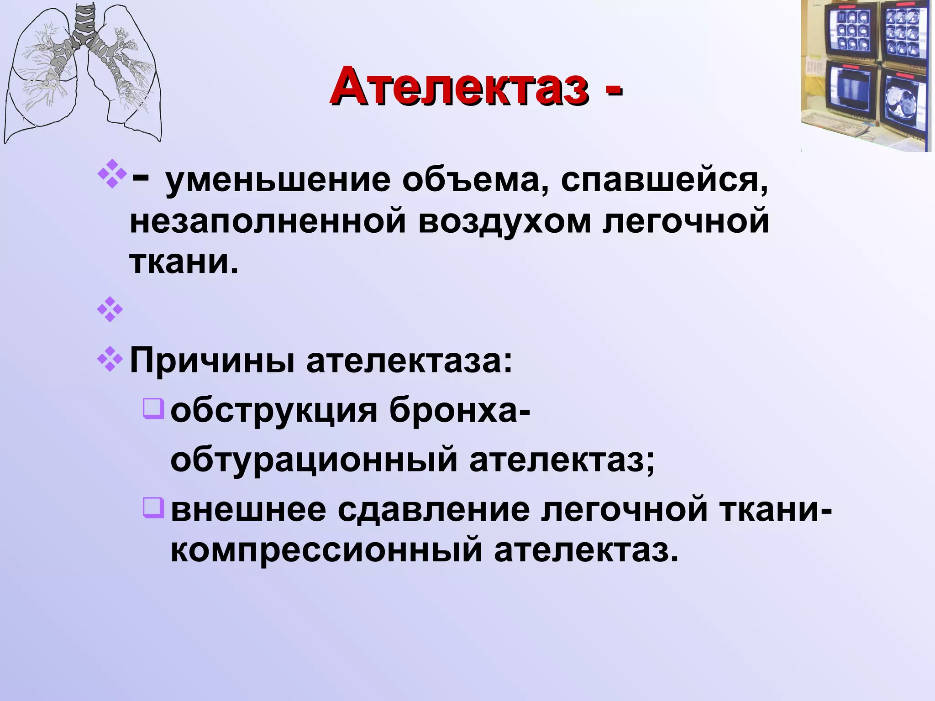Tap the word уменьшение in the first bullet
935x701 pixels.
(x=278, y=181)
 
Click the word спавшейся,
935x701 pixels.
(x=664, y=181)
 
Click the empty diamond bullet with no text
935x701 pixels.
(x=110, y=310)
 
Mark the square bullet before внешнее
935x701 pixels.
(x=153, y=507)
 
